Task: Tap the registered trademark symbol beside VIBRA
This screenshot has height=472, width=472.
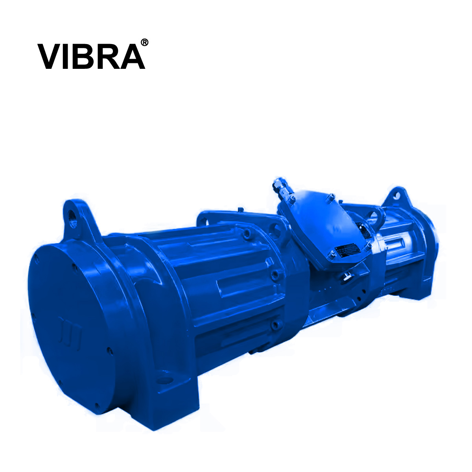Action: pyautogui.click(x=144, y=42)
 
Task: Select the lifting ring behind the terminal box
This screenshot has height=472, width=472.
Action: pyautogui.click(x=376, y=216)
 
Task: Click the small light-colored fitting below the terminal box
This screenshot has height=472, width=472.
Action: pyautogui.click(x=346, y=277)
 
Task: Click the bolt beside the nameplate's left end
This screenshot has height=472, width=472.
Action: pyautogui.click(x=333, y=257)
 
